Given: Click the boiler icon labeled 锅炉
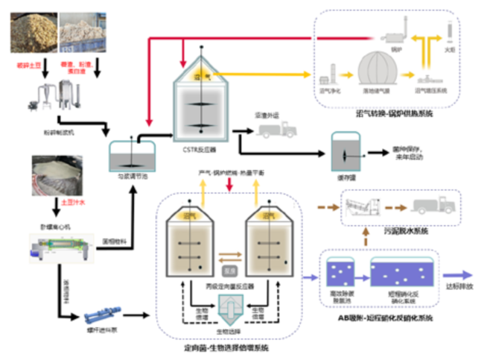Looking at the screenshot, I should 391,37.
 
